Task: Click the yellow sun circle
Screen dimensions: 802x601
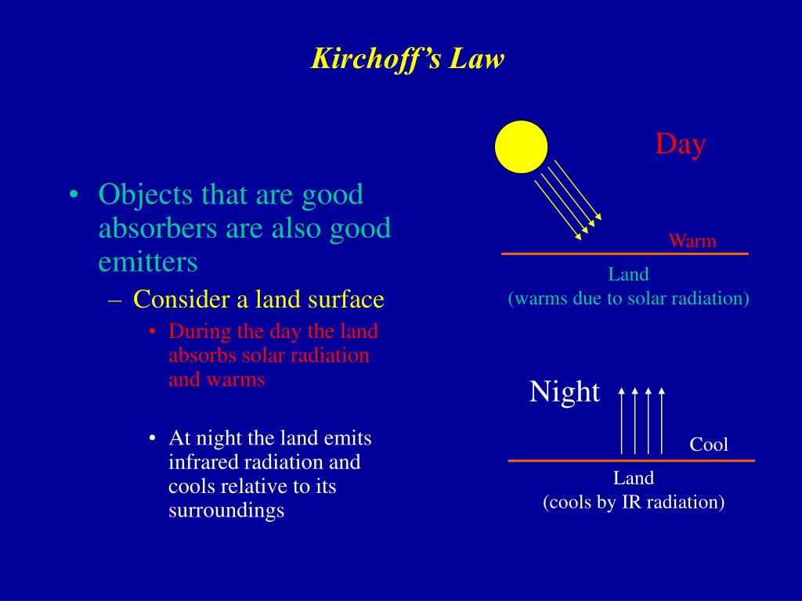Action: pyautogui.click(x=521, y=147)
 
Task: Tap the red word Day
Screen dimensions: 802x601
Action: pyautogui.click(x=681, y=144)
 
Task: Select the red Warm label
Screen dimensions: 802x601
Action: pyautogui.click(x=692, y=240)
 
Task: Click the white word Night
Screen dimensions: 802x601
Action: pyautogui.click(x=564, y=392)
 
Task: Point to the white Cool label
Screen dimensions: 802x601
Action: pyautogui.click(x=708, y=444)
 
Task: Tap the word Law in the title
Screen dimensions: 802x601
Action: pyautogui.click(x=477, y=58)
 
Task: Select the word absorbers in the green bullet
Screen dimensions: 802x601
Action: pyautogui.click(x=158, y=228)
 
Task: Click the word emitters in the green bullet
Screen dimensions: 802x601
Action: pyautogui.click(x=148, y=261)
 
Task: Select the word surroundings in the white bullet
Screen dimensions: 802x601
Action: pyautogui.click(x=226, y=510)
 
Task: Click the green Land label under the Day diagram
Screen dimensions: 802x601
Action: pyautogui.click(x=628, y=275)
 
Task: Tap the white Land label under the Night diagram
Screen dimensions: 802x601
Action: pyautogui.click(x=634, y=478)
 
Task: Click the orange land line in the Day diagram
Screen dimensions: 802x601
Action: pyautogui.click(x=624, y=254)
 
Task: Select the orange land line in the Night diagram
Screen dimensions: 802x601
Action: pyautogui.click(x=631, y=461)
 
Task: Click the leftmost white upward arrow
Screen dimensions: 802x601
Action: pyautogui.click(x=621, y=420)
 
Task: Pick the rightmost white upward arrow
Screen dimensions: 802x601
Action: pyautogui.click(x=662, y=420)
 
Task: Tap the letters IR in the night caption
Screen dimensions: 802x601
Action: pyautogui.click(x=631, y=502)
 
